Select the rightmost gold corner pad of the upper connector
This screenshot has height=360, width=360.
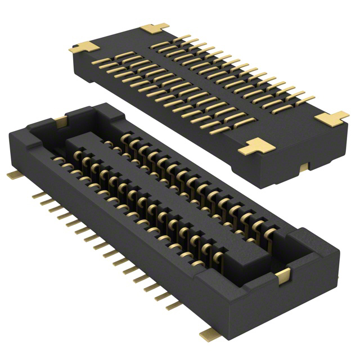(332, 118)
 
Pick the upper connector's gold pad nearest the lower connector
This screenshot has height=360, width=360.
(259, 147)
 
